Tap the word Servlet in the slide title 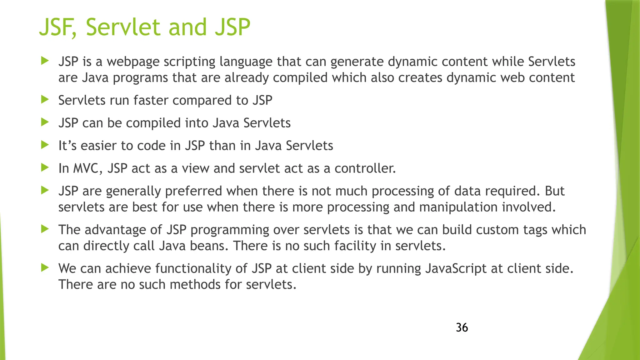pos(123,27)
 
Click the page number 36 pos(462,327)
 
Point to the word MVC pos(87,168)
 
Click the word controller pos(365,168)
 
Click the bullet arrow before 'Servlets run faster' pos(45,100)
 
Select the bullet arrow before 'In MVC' pos(45,168)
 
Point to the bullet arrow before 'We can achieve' pos(45,268)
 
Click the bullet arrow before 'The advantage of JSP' pos(45,229)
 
